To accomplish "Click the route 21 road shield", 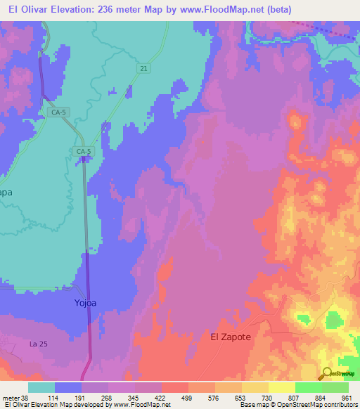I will pyautogui.click(x=143, y=67).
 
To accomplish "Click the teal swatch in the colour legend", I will pyautogui.click(x=41, y=387).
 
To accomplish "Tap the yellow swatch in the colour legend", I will pyautogui.click(x=281, y=387).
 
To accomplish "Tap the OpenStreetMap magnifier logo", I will pyautogui.click(x=326, y=374).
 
